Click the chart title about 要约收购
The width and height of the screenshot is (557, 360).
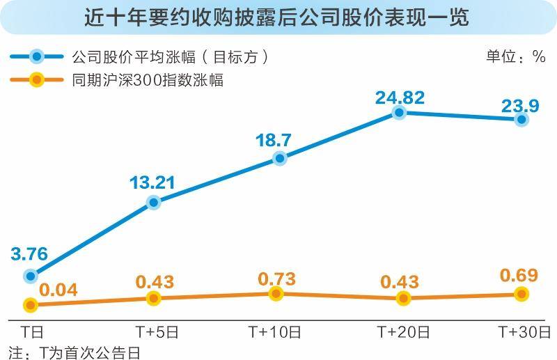278,16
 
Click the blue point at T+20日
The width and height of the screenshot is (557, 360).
399,111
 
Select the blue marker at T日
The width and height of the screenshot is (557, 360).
30,276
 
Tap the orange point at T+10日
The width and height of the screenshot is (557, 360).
276,294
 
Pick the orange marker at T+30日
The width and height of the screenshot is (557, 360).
521,295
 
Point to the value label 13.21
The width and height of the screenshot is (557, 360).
152,184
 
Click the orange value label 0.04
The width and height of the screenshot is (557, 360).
57,290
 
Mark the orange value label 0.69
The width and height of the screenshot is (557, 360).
519,276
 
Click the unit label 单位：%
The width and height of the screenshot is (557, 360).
515,57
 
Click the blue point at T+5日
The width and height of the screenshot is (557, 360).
154,203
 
